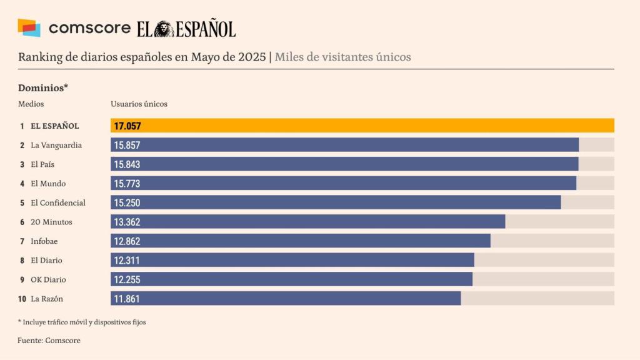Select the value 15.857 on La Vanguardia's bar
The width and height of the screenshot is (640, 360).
tap(127, 145)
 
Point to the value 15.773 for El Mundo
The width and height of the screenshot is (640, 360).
tap(127, 184)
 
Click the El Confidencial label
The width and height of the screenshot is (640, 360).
tap(58, 203)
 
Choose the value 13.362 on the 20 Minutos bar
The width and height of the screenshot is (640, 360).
tap(127, 222)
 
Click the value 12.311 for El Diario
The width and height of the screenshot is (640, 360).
tap(127, 261)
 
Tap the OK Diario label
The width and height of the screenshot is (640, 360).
tap(48, 279)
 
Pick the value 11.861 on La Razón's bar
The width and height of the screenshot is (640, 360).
tap(127, 299)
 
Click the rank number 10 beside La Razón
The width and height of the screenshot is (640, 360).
tap(22, 299)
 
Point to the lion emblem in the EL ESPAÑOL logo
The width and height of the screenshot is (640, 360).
tap(164, 29)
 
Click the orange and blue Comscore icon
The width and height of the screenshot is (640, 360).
tap(29, 28)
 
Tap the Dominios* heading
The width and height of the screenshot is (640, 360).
tap(42, 87)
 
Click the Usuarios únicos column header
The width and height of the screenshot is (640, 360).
tap(139, 104)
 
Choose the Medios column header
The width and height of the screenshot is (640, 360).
tap(31, 104)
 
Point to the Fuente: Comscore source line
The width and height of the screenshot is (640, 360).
tap(49, 341)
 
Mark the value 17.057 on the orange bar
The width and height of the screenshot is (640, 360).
tap(127, 126)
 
